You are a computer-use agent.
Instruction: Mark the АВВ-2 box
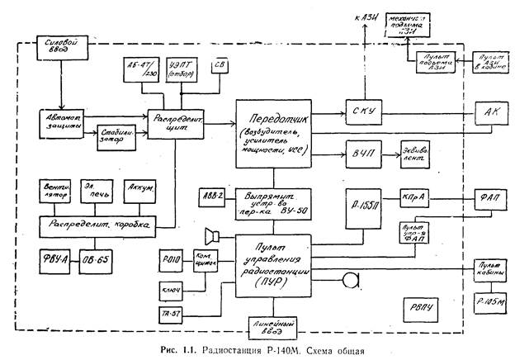coord(210,197)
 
